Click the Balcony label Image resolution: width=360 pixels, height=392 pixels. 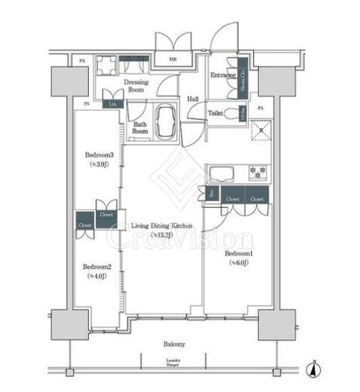(x=174, y=344)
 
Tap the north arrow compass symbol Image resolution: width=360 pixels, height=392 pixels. (x=317, y=370)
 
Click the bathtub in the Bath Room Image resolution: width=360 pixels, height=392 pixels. (x=165, y=121)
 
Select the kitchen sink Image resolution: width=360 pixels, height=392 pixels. (x=221, y=173)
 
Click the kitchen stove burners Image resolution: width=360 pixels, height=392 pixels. (x=258, y=171)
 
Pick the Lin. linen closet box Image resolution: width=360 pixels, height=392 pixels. (x=114, y=104)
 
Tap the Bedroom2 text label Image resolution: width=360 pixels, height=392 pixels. (x=97, y=266)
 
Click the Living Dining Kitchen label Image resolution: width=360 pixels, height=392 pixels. (x=162, y=225)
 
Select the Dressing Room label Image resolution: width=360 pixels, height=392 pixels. (x=137, y=84)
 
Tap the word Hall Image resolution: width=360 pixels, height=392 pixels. (x=193, y=98)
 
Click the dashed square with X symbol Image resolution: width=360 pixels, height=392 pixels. (x=261, y=130)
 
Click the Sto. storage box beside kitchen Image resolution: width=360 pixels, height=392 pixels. (x=212, y=194)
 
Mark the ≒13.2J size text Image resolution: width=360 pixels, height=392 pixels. (x=162, y=235)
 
